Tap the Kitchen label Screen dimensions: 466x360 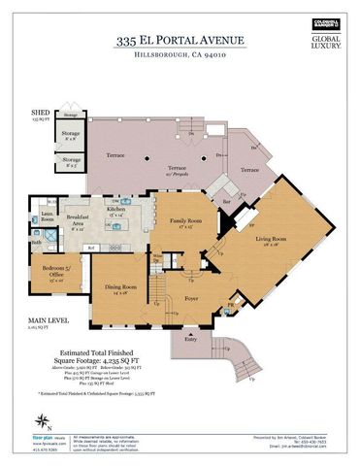116,209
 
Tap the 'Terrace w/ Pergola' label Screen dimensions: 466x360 176,170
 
